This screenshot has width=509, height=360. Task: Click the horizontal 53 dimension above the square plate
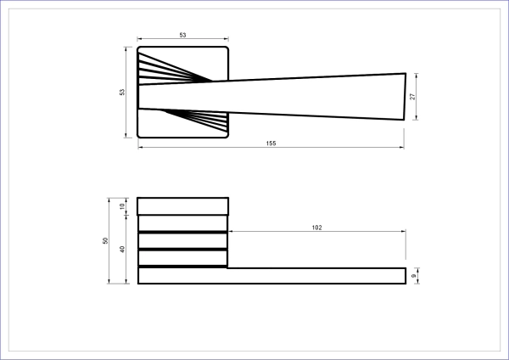pyautogui.click(x=182, y=35)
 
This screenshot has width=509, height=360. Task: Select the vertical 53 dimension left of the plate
pyautogui.click(x=122, y=92)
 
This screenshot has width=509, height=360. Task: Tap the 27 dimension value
pyautogui.click(x=412, y=97)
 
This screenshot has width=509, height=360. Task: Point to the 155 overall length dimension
pyautogui.click(x=271, y=143)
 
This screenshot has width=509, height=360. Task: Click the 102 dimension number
pyautogui.click(x=316, y=228)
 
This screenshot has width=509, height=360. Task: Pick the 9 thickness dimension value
pyautogui.click(x=414, y=276)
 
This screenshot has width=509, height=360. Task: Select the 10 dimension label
pyautogui.click(x=122, y=206)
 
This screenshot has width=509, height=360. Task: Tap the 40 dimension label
pyautogui.click(x=122, y=250)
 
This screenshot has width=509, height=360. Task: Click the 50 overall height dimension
pyautogui.click(x=105, y=241)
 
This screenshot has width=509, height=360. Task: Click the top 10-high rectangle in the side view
pyautogui.click(x=182, y=206)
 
